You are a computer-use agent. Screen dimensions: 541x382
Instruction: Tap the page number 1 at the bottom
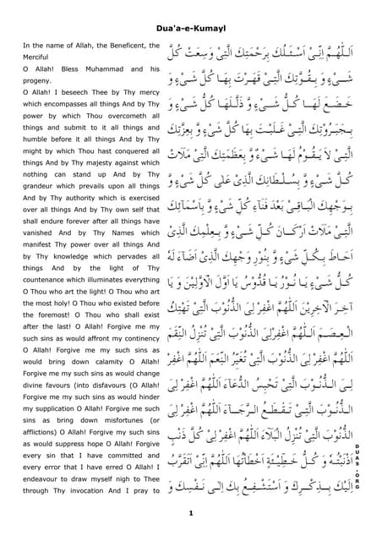coord(191,513)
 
